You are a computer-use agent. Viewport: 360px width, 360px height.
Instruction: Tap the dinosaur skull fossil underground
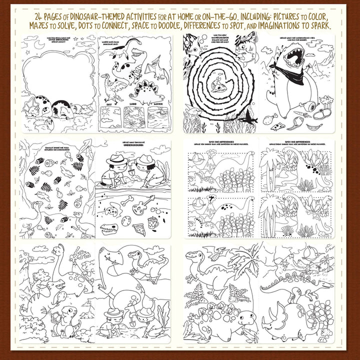click(110, 230)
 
